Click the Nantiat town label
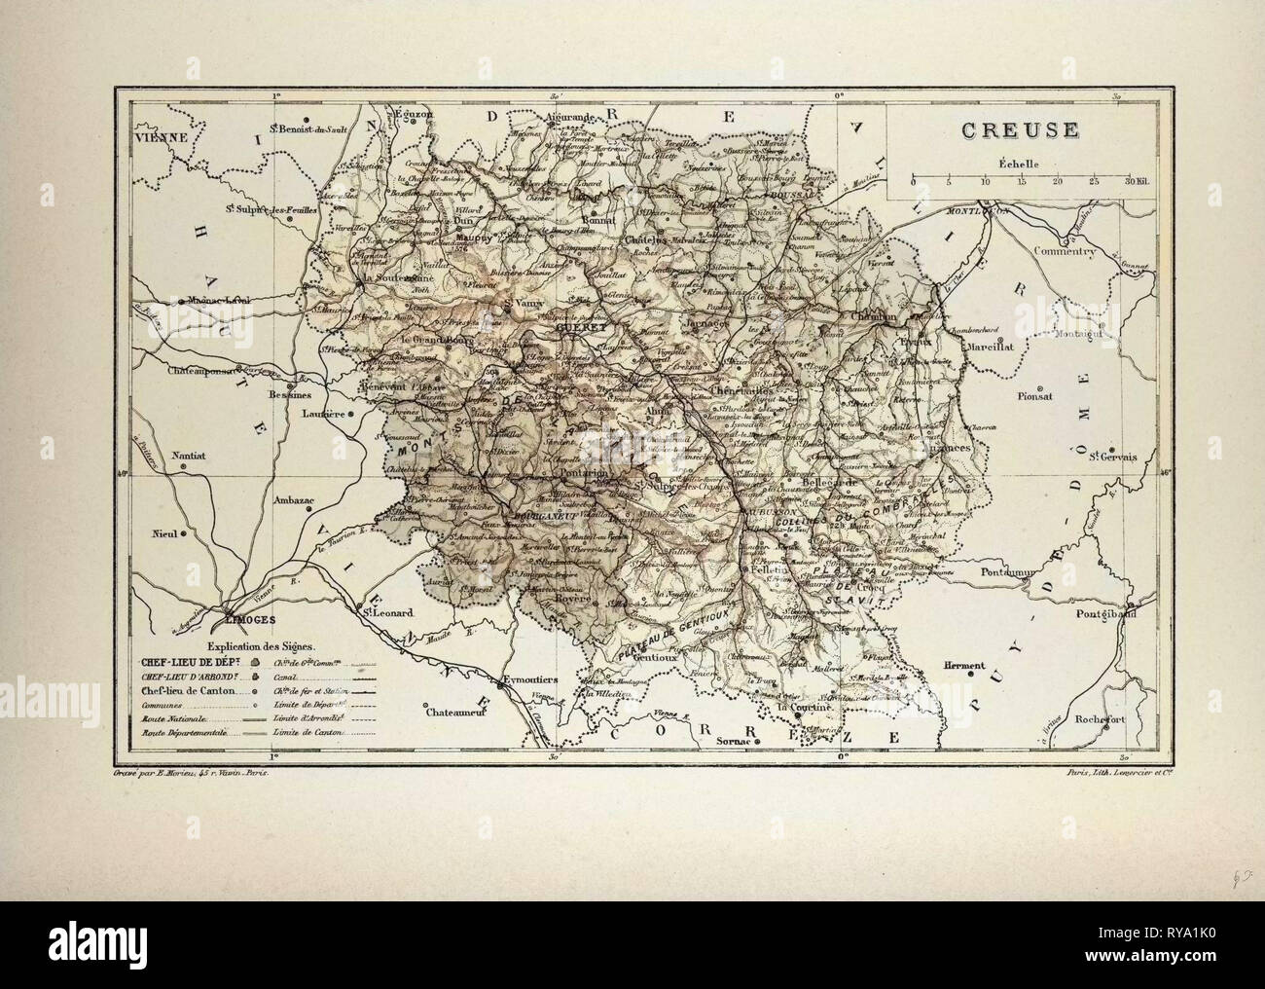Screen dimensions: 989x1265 pos(194,454)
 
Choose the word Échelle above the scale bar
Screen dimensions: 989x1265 pos(1013,163)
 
